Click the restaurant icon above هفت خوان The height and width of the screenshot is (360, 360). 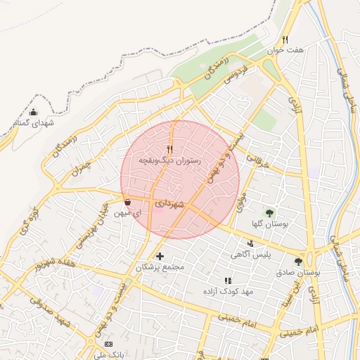point(285,39)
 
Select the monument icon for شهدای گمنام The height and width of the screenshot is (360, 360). point(34,112)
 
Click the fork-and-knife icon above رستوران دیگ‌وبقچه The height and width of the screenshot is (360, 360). point(169,149)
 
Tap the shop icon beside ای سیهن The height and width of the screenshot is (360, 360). point(127,202)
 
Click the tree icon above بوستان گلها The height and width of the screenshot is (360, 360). point(270,212)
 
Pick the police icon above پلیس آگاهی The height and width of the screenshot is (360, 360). point(251,243)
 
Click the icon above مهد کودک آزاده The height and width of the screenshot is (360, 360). point(227,281)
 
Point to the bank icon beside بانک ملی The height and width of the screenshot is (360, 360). point(108,344)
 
